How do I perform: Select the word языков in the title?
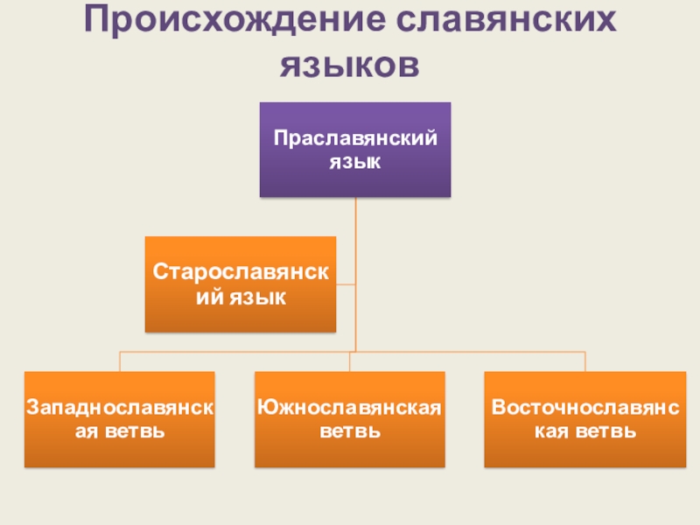coord(349,66)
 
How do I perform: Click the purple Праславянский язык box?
coord(355,150)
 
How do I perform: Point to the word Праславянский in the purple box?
coord(355,138)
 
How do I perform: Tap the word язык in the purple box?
coord(355,162)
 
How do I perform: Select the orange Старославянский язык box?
coord(240,284)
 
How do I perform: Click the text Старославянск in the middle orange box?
coord(241,272)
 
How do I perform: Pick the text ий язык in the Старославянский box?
coord(241,298)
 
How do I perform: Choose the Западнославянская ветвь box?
coord(120,419)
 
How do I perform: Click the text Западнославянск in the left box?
coord(120,408)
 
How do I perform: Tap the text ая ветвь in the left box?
coord(120,431)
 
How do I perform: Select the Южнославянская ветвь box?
coord(349,419)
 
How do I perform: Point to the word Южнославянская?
coord(349,408)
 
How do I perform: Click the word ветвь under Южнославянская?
coord(349,431)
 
